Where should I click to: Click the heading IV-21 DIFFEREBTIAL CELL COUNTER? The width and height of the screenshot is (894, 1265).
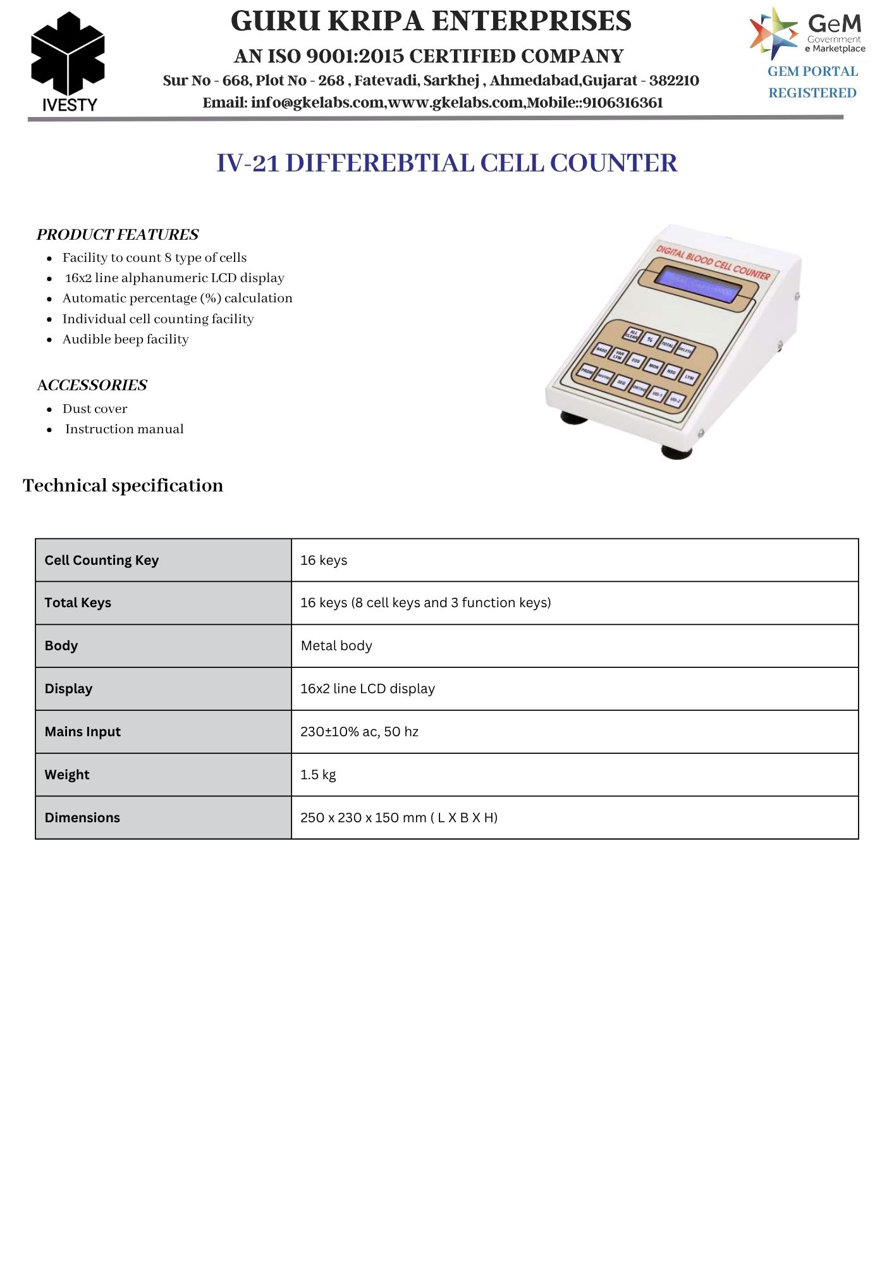coord(446,163)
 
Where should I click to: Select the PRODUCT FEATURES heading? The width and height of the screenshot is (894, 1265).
coord(118,235)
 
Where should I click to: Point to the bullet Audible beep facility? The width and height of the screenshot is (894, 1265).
coord(125,340)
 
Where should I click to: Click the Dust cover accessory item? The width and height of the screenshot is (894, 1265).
coord(95,409)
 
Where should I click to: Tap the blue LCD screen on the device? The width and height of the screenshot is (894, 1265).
coord(699,285)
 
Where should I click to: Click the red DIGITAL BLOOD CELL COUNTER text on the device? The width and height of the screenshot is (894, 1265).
coord(713,262)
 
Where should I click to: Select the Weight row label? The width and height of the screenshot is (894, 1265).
coord(67,775)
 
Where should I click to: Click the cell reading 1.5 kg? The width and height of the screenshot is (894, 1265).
coord(318,775)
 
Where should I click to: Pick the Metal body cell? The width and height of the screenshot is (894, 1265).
coord(336,646)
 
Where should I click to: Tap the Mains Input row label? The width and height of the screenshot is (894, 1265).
coord(82,732)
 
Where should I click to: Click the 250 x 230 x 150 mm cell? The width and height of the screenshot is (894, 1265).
coord(398,818)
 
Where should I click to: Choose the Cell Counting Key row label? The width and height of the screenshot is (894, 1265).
coord(101,560)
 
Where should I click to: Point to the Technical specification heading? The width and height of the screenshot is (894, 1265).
coord(123,486)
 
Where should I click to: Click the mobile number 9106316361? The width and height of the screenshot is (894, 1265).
coord(622,103)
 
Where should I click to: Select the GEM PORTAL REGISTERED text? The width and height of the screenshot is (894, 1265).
coord(812,82)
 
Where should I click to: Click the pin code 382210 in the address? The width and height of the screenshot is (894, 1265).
coord(674,81)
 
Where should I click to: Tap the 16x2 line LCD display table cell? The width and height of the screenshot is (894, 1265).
coord(367,689)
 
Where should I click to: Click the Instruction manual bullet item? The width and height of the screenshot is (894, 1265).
coord(124,429)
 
